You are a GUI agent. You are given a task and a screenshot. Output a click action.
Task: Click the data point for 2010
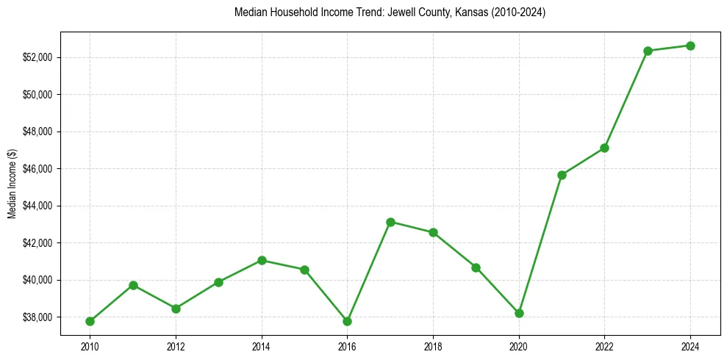[90, 321]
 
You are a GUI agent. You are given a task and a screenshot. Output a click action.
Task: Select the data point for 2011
[133, 285]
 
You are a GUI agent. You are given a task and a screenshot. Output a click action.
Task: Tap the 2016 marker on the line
[347, 321]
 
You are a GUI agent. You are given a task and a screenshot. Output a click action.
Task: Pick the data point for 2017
[390, 222]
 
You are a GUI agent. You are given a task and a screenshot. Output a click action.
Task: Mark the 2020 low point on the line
[519, 313]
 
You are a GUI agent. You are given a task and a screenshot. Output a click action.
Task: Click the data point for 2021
[562, 175]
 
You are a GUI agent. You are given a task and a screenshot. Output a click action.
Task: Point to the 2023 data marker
[648, 51]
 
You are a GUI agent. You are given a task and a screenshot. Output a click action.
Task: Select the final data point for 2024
[690, 46]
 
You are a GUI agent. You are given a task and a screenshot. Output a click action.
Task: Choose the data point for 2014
[262, 260]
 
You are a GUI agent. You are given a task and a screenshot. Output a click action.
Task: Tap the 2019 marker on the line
[476, 267]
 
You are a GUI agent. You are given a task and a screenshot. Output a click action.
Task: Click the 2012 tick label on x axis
[176, 346]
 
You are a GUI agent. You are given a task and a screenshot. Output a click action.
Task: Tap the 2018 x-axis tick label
[433, 346]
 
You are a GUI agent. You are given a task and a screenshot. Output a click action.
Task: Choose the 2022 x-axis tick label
[604, 346]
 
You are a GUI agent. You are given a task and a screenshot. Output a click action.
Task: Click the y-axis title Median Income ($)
[12, 183]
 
